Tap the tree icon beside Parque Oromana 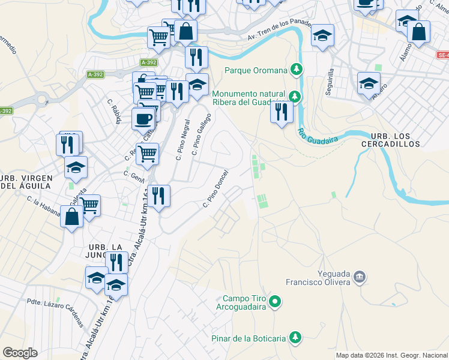click(x=295, y=70)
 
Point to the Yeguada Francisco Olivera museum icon click(x=360, y=277)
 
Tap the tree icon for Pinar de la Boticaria click(x=295, y=338)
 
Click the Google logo click(x=20, y=353)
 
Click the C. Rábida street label click(x=114, y=112)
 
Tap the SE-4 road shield click(x=442, y=55)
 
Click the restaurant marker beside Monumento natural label click(x=282, y=112)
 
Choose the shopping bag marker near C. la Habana click(x=72, y=217)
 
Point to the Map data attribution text click(x=391, y=355)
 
